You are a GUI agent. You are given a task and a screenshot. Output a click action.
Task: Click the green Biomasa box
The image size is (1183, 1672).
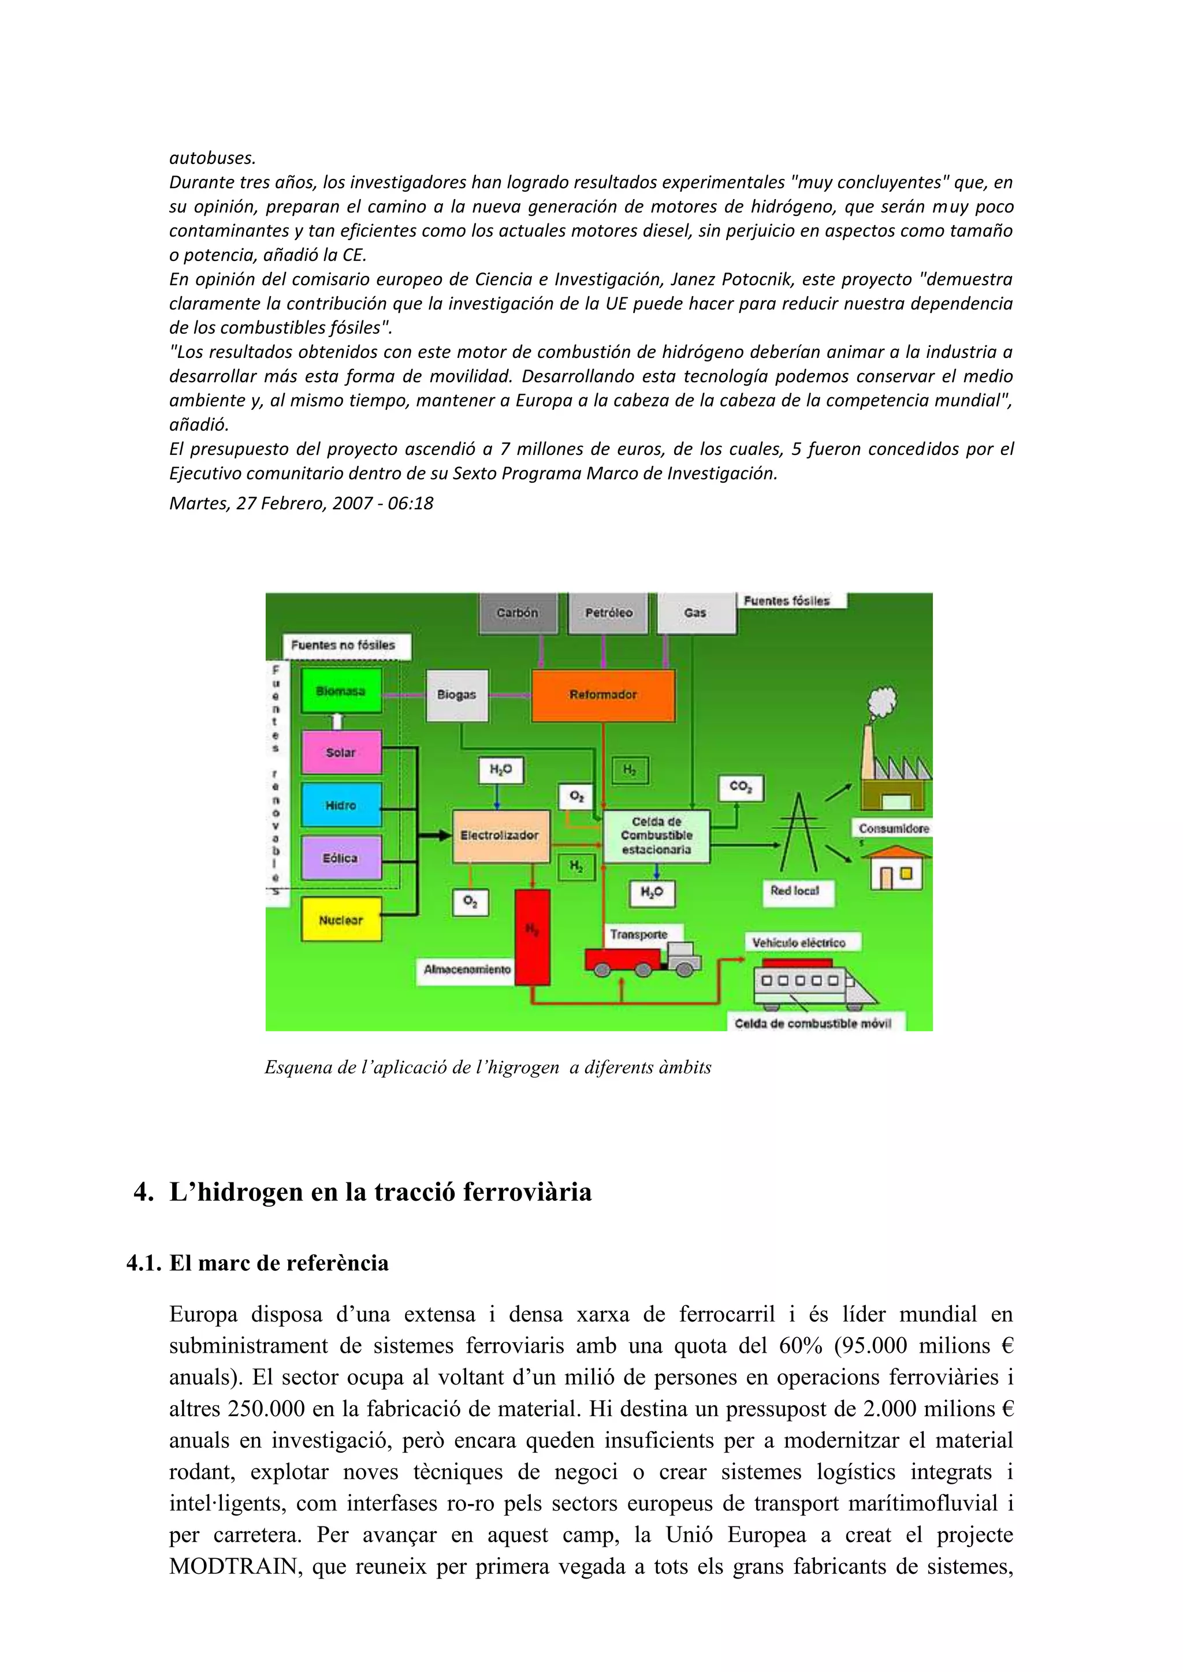point(341,691)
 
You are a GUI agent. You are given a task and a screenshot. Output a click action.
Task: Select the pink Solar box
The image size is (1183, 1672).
point(341,752)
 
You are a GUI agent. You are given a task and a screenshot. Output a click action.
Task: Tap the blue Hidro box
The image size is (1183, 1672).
point(341,805)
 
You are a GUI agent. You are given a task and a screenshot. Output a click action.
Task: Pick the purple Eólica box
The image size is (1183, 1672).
point(341,858)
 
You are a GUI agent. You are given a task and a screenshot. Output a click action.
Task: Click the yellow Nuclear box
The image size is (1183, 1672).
point(341,920)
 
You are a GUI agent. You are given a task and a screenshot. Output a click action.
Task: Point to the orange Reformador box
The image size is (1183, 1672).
point(603,695)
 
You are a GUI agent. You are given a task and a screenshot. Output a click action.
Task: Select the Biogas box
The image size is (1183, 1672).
point(457,695)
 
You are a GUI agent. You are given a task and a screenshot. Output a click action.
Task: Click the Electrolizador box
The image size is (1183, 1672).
point(500,835)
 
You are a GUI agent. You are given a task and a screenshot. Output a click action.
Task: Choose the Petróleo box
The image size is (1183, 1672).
point(609,613)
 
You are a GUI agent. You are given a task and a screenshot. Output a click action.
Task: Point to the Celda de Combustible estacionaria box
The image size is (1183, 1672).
point(656,836)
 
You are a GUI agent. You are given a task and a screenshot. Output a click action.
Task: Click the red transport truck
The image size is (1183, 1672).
point(641,958)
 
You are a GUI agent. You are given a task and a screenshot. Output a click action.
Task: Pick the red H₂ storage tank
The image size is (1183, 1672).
point(533,936)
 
